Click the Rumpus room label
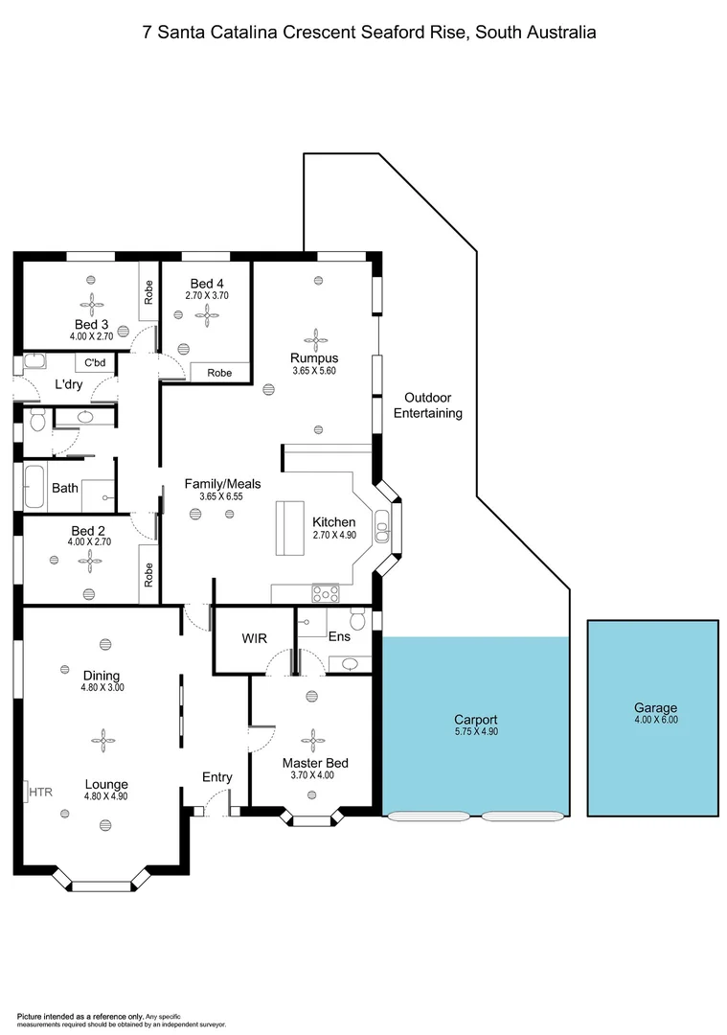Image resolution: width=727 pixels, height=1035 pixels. pyautogui.click(x=315, y=358)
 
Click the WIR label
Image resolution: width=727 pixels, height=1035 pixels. pyautogui.click(x=254, y=639)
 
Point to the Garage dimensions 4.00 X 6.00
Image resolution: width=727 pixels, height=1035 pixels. pyautogui.click(x=655, y=720)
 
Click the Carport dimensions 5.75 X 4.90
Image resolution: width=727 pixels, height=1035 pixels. pyautogui.click(x=475, y=731)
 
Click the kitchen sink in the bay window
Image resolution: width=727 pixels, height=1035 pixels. pyautogui.click(x=382, y=526)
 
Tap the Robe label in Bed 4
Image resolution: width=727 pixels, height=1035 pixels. pyautogui.click(x=219, y=373)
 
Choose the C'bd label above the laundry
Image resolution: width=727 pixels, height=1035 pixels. pyautogui.click(x=94, y=363)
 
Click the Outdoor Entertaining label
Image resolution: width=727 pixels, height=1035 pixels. pyautogui.click(x=433, y=405)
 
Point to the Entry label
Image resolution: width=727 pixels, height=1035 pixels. pyautogui.click(x=216, y=777)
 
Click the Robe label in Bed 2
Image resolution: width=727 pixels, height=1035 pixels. pyautogui.click(x=148, y=574)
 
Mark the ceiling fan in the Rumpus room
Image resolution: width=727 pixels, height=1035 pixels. pyautogui.click(x=315, y=337)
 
